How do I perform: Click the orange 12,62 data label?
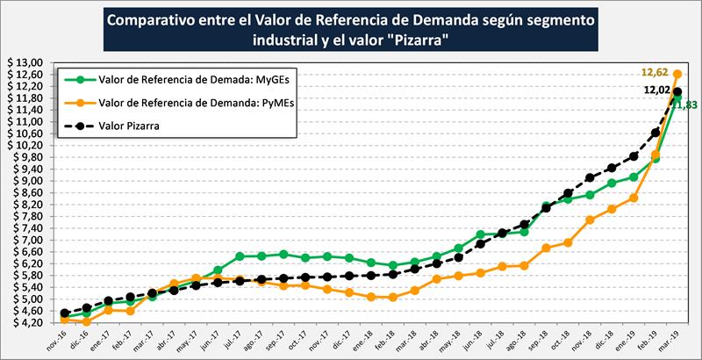coord(655,73)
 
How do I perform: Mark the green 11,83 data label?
coord(683,105)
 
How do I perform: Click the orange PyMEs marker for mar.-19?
coord(677,74)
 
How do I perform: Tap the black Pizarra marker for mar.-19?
coord(677,91)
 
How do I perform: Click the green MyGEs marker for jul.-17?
coord(240,256)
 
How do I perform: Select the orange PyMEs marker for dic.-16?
coord(86,321)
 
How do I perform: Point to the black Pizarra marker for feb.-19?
coord(655,133)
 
